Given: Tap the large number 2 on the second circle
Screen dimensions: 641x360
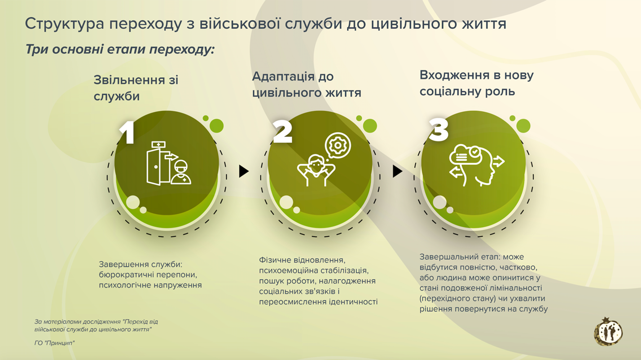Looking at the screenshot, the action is coord(282,132).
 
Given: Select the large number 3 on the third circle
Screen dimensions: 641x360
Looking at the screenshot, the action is coord(438,130).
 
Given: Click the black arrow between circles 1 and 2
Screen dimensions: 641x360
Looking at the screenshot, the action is coord(244,171).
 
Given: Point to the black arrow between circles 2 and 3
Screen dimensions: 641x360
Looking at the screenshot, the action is coord(397,171).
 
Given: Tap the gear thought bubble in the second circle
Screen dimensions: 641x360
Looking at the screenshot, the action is coord(338,145).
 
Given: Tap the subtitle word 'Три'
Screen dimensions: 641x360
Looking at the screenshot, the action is coord(36,49).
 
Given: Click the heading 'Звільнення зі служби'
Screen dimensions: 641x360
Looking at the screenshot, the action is coord(136,88).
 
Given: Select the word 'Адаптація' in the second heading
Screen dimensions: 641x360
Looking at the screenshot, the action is coord(283,77).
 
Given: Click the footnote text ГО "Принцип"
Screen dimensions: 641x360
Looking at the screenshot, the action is coord(54,343).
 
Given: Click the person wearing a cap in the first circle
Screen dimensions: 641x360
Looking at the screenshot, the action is coord(181,172).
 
